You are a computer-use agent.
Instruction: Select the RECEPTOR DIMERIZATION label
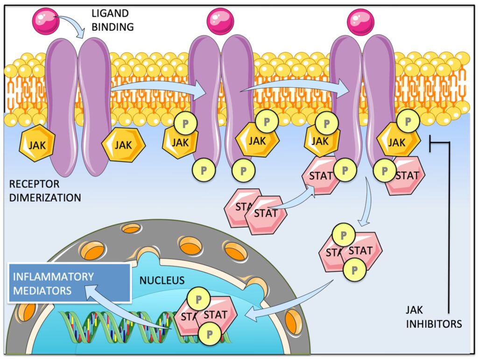click(x=45, y=191)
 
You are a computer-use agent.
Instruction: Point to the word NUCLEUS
click(x=162, y=281)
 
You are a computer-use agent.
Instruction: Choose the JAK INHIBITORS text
click(x=434, y=317)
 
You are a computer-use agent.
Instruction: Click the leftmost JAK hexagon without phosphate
click(x=37, y=144)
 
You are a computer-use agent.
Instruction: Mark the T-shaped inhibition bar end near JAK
click(x=430, y=141)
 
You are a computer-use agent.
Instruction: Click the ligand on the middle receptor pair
click(x=220, y=21)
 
